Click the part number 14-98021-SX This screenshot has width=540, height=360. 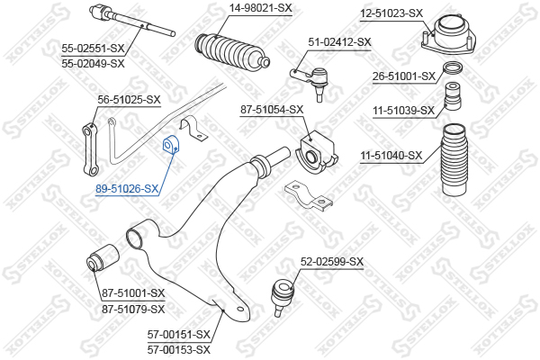[x=260, y=7]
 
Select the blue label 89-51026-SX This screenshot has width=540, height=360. [x=127, y=188]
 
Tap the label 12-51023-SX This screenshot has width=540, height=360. [x=391, y=13]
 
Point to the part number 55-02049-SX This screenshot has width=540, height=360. [x=93, y=63]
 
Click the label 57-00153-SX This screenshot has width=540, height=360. [x=179, y=350]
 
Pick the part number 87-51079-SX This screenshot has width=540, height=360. [x=133, y=309]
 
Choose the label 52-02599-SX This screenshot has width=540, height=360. [x=332, y=262]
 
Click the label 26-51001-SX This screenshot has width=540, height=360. [x=404, y=76]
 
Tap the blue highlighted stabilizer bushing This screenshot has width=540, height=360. [x=171, y=146]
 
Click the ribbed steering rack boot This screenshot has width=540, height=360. [x=232, y=51]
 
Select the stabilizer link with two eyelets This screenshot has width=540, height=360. [x=91, y=148]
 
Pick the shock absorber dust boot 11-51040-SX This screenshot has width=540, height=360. [x=454, y=160]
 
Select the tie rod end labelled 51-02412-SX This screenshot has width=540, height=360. [x=311, y=83]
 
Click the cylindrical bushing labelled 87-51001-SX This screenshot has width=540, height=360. [x=103, y=257]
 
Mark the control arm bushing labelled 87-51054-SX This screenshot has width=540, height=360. [x=317, y=151]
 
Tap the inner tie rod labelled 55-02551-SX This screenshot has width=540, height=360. [x=132, y=21]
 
